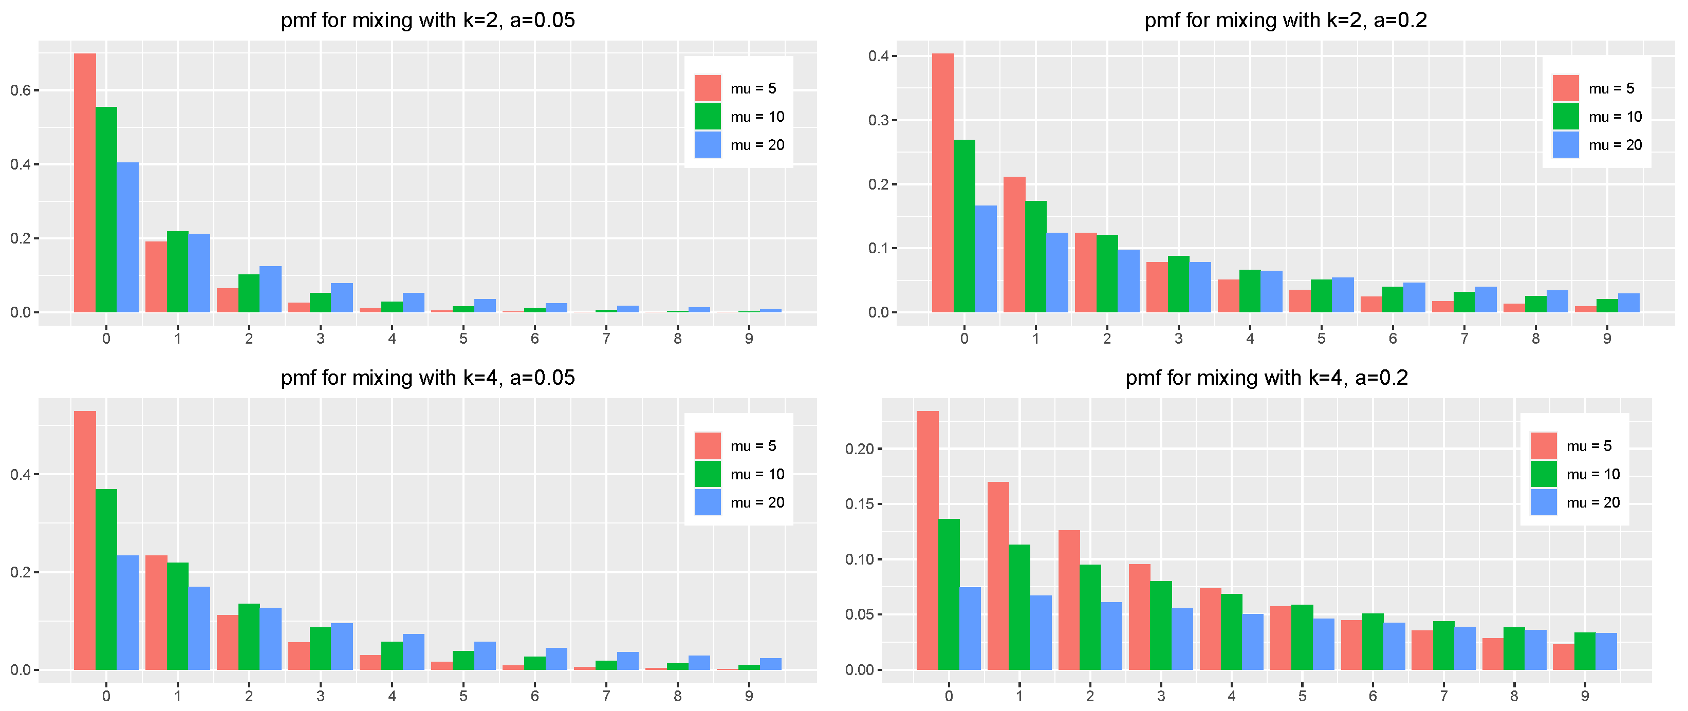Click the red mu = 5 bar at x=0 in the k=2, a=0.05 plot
point(85,183)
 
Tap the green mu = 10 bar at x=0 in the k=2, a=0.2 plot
point(964,226)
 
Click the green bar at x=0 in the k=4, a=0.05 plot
point(106,579)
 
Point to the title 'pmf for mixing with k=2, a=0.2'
point(1286,21)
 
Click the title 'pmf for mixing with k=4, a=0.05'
point(428,378)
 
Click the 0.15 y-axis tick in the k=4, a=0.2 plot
point(859,504)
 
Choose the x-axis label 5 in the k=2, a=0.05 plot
point(463,339)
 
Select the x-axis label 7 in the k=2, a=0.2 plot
point(1464,339)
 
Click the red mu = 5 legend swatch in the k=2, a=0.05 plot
point(707,88)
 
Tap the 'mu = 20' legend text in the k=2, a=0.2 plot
point(1615,145)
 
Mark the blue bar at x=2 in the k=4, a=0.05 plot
point(270,639)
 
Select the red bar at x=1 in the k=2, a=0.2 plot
point(1014,245)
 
